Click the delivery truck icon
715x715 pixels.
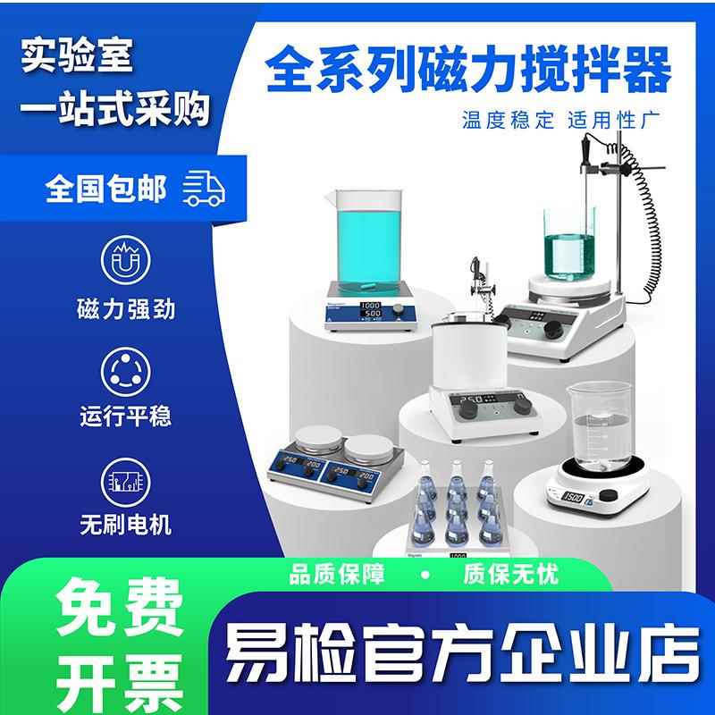coord(204,189)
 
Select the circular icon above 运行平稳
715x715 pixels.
coord(125,369)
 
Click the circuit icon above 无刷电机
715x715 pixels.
coord(125,479)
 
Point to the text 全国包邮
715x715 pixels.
coord(106,189)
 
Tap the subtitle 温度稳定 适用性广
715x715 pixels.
coord(560,120)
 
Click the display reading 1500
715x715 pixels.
coord(573,496)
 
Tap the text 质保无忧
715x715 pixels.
coord(510,574)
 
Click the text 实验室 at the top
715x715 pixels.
coord(79,55)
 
